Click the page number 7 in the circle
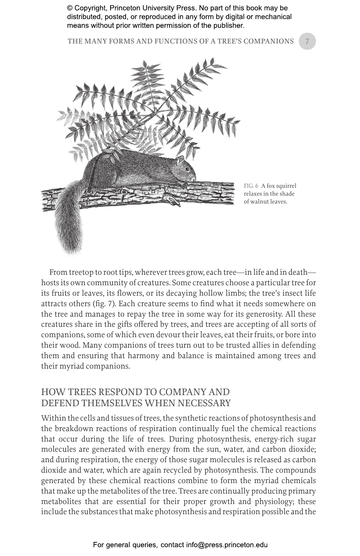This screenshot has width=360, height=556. tap(307, 41)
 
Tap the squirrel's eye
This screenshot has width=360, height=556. tap(188, 169)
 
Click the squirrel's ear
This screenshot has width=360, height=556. tap(180, 160)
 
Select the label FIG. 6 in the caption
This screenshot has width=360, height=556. tap(251, 186)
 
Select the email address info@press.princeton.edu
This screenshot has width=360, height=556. tap(227, 545)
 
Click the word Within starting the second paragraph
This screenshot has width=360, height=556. tap(52, 418)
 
